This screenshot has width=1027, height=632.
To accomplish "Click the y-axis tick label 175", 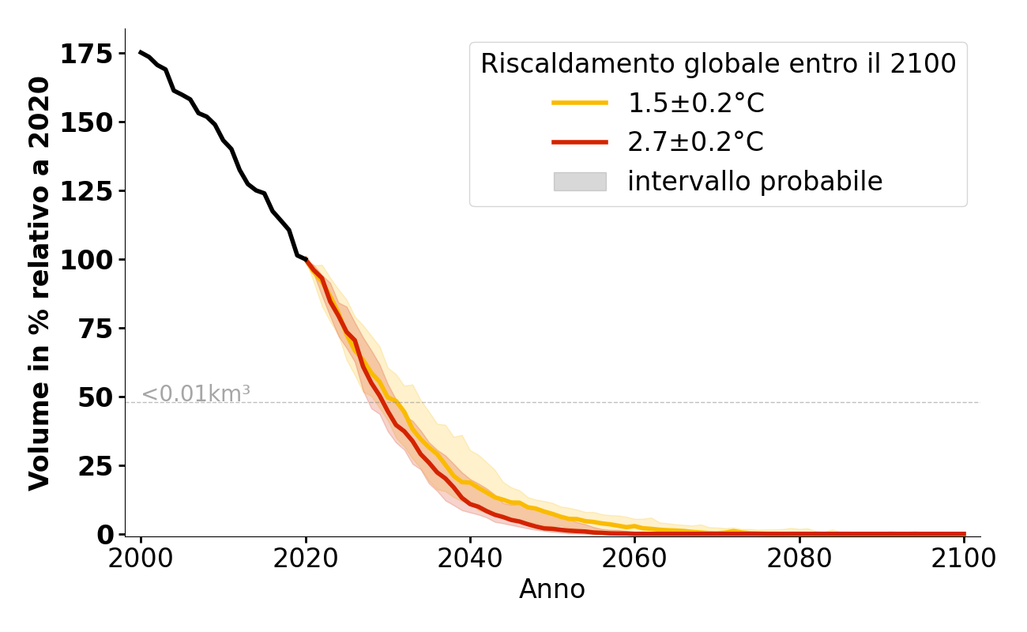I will coord(92,54).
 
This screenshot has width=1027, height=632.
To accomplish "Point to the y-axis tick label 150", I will coord(92,122).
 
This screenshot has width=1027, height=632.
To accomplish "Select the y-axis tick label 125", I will coord(92,191).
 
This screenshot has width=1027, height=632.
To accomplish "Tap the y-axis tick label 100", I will coord(92,260).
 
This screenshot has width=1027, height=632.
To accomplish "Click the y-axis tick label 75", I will coord(98,329).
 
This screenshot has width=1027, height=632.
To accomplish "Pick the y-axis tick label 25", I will coord(98,466).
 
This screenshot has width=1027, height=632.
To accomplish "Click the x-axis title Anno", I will coord(552,589).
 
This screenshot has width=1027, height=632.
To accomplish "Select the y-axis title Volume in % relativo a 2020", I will coord(39,283).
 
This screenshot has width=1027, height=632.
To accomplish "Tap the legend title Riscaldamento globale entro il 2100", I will coord(718,64).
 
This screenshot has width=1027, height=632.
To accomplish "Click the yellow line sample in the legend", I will coord(580,103).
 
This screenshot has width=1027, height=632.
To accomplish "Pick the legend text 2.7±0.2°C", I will coord(695,142).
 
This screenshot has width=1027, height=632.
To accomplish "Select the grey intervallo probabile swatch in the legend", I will coord(580,182).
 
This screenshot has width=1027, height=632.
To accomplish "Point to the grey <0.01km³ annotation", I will coord(196,393).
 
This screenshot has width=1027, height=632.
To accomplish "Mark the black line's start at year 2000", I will coord(141,52).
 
